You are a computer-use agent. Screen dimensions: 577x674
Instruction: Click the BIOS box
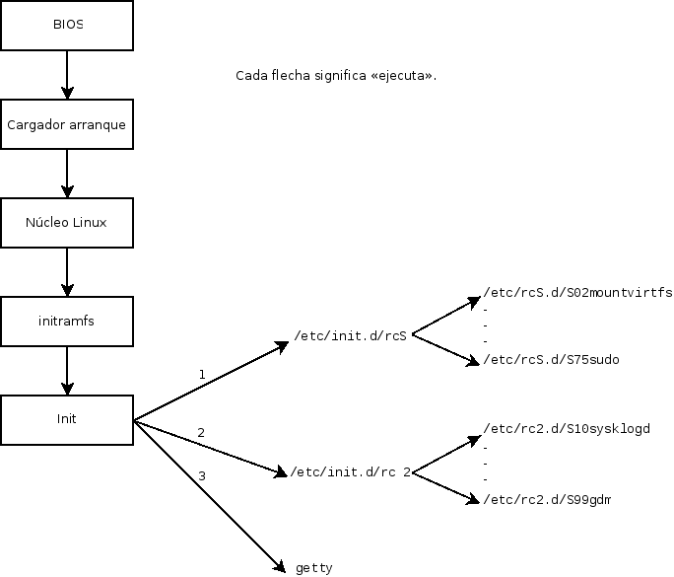pos(67,26)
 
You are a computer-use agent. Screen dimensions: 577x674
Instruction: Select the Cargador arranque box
pos(67,125)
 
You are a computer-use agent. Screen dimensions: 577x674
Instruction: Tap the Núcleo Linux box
pos(67,223)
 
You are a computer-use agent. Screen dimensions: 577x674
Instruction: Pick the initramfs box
pos(67,321)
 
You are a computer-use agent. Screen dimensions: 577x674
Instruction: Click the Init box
pos(67,418)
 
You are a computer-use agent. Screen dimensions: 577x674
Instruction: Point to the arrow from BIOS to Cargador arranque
pos(67,75)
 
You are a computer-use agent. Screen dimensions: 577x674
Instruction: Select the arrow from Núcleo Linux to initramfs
pos(67,271)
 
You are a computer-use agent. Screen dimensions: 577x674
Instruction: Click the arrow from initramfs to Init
pos(67,369)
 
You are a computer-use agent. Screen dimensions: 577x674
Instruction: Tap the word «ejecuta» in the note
pos(404,76)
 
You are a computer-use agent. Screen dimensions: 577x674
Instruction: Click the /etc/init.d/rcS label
pos(351,335)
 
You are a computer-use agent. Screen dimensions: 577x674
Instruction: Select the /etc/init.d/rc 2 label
pos(349,472)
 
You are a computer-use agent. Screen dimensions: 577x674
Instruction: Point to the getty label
pos(314,568)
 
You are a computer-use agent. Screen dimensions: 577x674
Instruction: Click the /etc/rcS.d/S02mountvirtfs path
pos(577,294)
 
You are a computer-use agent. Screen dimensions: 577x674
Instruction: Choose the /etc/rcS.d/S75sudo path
pos(551,360)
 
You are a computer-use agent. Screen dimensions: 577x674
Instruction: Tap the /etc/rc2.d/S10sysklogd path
pos(567,429)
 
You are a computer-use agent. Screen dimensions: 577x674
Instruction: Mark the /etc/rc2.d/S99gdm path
pos(547,501)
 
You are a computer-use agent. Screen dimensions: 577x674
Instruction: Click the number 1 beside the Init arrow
pos(202,375)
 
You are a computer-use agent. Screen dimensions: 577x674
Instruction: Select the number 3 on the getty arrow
pos(202,476)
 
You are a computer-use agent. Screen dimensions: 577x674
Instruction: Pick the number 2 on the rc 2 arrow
pos(201,433)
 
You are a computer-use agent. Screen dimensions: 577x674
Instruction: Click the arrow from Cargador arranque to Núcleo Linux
pos(67,174)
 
